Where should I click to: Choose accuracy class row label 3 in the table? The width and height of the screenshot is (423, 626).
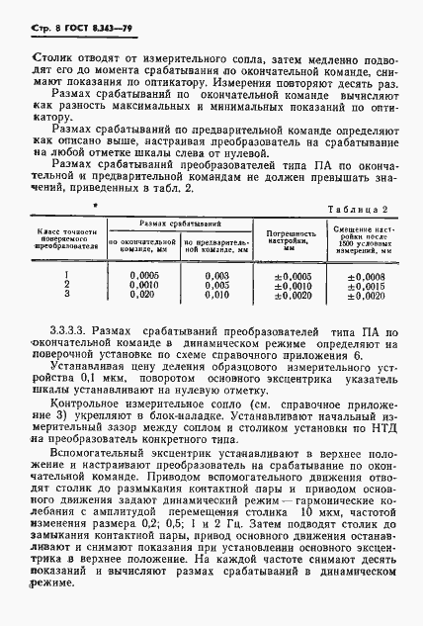(x=66, y=295)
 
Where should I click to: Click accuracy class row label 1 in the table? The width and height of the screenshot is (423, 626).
(x=66, y=276)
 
